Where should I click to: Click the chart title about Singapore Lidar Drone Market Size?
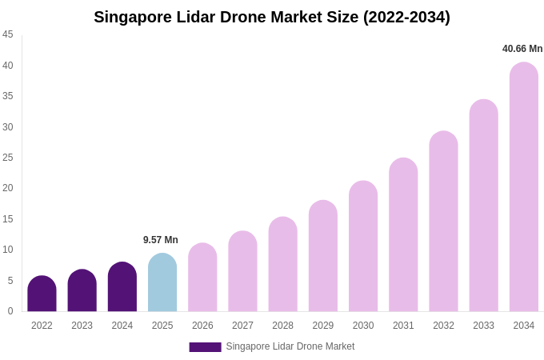point(272,17)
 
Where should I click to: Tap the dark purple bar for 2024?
point(122,287)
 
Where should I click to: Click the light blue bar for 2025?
point(162,283)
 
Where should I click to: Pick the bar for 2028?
point(282,265)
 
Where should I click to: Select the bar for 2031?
point(403,235)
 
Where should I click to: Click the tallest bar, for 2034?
point(524,187)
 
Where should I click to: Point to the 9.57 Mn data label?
point(161,240)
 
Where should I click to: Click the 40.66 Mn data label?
point(522,49)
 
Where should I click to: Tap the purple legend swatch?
point(205,347)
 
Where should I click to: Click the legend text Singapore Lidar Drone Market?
point(290,346)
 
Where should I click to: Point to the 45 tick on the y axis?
point(8,34)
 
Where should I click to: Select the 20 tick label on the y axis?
point(8,188)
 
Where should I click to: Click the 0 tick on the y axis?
point(10,311)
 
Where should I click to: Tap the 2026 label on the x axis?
point(202,326)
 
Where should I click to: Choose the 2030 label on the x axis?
point(363,326)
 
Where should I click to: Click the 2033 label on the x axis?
point(483,326)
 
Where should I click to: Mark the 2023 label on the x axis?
point(82,326)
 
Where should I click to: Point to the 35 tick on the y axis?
point(8,96)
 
